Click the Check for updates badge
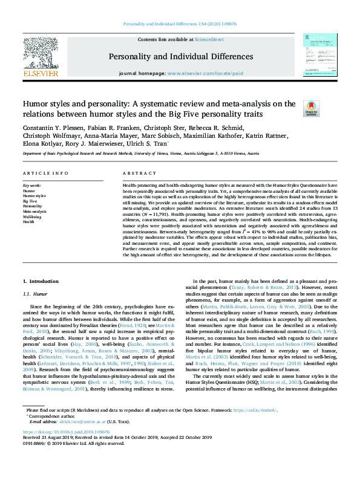point(311,109)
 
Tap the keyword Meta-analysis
point(34,212)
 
